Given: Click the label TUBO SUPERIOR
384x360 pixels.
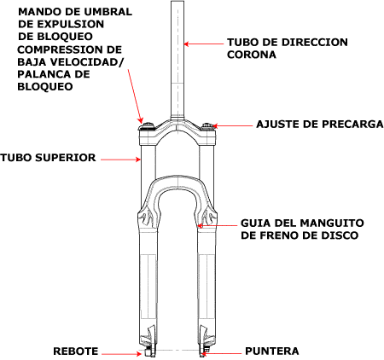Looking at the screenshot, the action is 48,158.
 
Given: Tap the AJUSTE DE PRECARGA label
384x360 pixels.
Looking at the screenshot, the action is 320,124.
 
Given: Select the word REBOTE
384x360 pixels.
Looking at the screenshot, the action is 76,351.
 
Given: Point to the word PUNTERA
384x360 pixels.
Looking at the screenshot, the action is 272,351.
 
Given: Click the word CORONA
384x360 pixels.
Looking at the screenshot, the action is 252,55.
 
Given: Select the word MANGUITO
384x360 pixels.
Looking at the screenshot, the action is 332,223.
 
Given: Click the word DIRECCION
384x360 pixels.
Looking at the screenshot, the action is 315,42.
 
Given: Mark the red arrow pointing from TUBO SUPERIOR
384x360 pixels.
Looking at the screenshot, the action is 120,160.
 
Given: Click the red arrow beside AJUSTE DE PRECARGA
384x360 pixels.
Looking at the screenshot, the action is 232,125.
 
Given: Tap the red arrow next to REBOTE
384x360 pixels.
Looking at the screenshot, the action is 121,354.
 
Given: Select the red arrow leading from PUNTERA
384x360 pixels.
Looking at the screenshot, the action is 221,354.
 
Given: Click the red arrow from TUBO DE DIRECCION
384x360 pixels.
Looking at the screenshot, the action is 203,44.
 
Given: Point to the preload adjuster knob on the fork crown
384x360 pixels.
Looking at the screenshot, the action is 207,125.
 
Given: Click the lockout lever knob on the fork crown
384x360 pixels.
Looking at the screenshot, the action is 148,125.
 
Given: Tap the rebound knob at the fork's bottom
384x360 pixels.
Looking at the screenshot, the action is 147,352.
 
